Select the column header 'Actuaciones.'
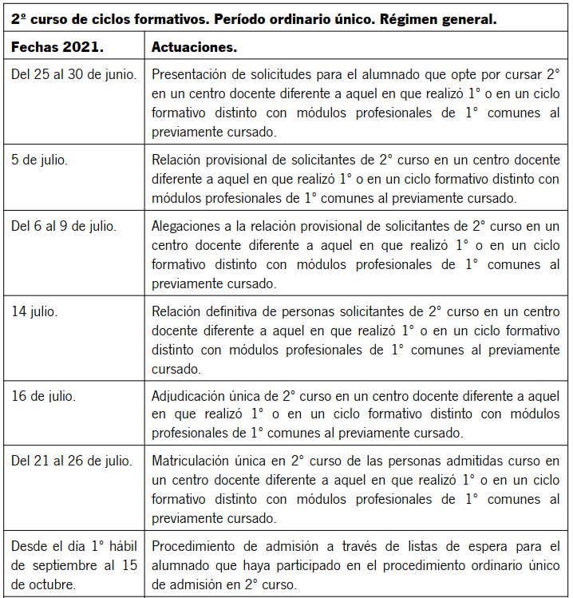pyautogui.click(x=194, y=48)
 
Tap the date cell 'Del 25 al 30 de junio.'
pyautogui.click(x=73, y=74)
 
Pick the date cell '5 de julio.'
pyautogui.click(x=40, y=158)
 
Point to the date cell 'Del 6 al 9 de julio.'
pyautogui.click(x=65, y=226)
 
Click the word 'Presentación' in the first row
pyautogui.click(x=190, y=74)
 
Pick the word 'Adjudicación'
pyautogui.click(x=189, y=394)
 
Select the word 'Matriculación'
pyautogui.click(x=191, y=461)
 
